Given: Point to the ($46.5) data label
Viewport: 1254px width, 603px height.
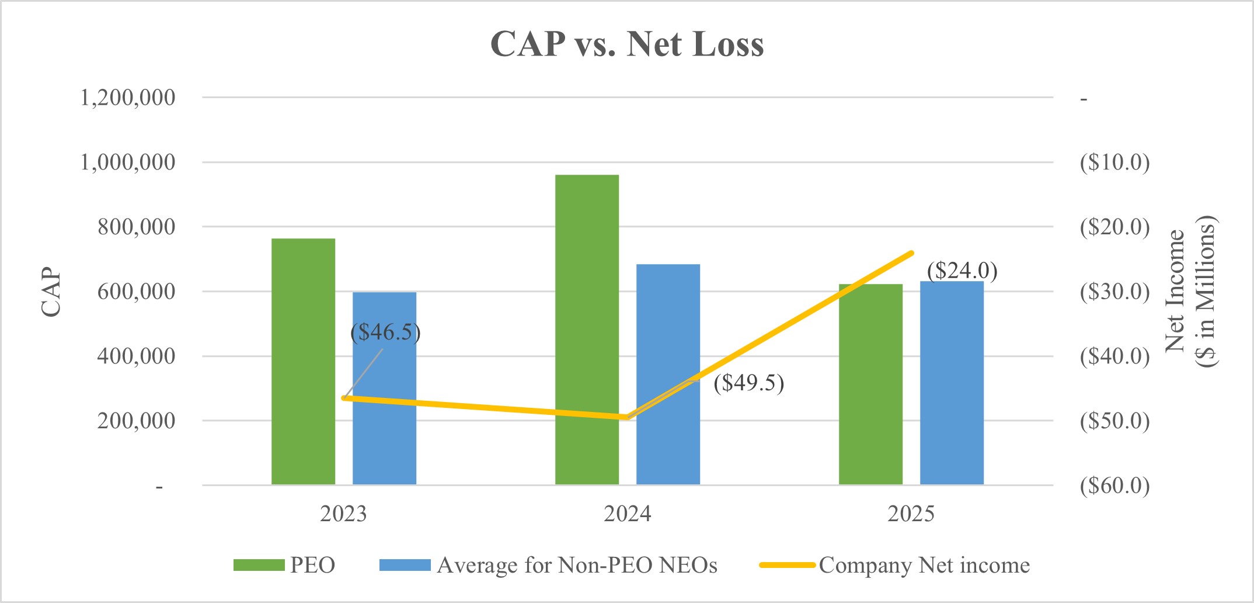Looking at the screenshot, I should (x=385, y=332).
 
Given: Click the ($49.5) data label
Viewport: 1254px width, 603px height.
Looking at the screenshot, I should (x=748, y=383).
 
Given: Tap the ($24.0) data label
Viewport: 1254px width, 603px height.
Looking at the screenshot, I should (x=962, y=271).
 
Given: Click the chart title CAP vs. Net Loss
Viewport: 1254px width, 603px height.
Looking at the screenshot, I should (x=627, y=44).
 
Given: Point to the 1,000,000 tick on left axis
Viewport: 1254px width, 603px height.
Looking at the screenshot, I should (x=127, y=162).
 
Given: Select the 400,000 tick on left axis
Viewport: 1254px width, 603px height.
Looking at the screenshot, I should (x=136, y=355).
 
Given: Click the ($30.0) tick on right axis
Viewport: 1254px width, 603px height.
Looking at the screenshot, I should (x=1114, y=291).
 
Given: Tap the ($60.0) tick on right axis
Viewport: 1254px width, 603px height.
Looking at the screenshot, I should (x=1114, y=485).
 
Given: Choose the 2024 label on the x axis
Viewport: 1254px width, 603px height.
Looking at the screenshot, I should (x=627, y=514).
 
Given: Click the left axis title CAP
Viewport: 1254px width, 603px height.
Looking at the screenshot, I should (x=51, y=292).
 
